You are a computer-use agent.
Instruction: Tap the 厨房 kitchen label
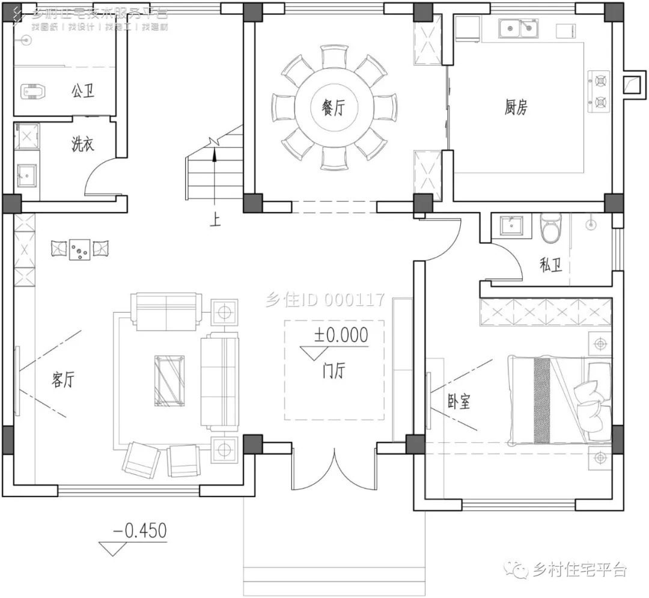[516, 108]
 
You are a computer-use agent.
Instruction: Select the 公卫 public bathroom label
[84, 91]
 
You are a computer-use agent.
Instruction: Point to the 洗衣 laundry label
[83, 145]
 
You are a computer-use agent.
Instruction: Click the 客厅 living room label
[62, 380]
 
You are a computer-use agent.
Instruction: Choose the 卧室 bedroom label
[459, 402]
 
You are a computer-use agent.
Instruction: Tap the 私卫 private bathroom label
[550, 264]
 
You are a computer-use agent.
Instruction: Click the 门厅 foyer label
[334, 371]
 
